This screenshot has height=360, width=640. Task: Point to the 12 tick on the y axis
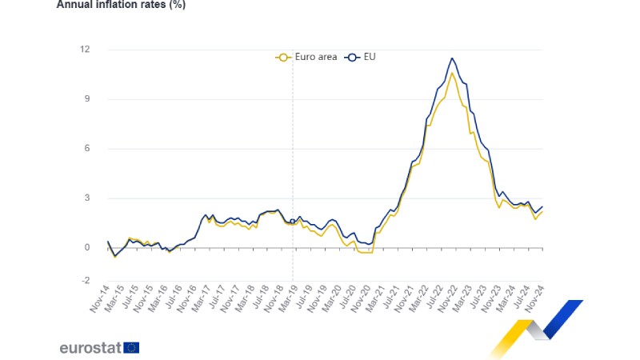tap(85, 50)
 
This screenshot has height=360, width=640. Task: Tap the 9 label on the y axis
tap(86, 99)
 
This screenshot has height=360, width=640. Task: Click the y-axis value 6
tap(86, 149)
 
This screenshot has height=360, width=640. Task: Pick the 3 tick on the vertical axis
tap(86, 198)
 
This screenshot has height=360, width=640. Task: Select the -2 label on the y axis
tap(85, 281)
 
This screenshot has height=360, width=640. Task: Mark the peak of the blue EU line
tap(453, 58)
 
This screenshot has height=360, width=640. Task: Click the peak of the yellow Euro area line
tap(453, 73)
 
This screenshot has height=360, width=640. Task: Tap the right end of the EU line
tap(542, 206)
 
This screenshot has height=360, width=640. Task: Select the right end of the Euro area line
tap(542, 211)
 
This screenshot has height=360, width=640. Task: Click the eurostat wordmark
tap(90, 347)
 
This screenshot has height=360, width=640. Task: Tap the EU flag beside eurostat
tap(132, 347)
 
